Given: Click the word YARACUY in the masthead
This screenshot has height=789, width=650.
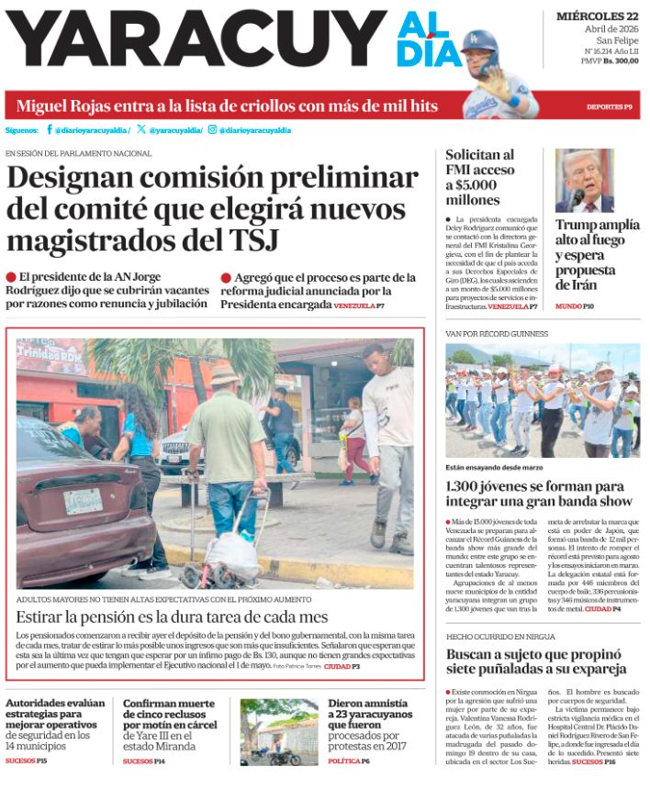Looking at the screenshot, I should coord(193,41).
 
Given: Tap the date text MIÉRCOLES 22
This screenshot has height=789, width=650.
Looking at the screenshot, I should coord(597,16).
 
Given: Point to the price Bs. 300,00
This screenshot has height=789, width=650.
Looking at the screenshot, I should coord(619,86).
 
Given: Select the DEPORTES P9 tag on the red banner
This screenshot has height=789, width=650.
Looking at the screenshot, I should coord(611,107).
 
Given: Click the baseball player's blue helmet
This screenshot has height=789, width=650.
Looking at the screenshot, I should coord(479,42).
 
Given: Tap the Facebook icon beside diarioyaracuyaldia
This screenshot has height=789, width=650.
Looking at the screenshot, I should coord(50,130).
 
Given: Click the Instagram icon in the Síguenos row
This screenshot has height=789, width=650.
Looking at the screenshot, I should coord(212,130).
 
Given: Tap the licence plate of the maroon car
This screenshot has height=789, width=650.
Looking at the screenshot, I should coord(83,501).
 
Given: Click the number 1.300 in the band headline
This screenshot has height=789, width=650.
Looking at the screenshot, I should coord(465,486).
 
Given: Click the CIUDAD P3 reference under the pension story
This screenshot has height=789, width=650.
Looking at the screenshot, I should coord(342,666).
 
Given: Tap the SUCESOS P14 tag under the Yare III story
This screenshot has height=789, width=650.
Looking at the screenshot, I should coord(144,761).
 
